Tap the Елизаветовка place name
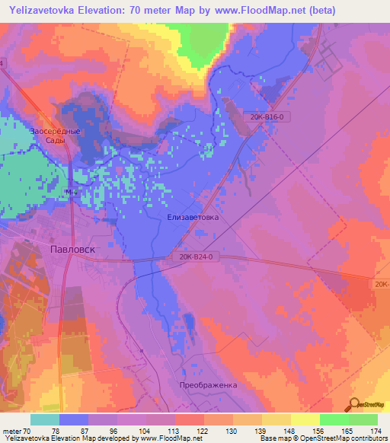(192, 217)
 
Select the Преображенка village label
(209, 384)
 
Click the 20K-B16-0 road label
(267, 116)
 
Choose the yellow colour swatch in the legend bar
(305, 419)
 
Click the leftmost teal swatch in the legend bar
(45, 419)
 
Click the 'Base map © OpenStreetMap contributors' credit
(324, 438)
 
